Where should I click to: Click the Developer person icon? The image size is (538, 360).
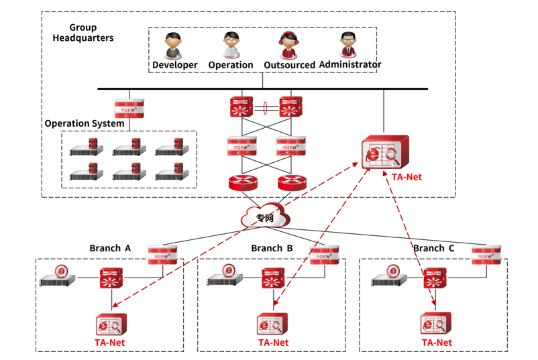pos(174,45)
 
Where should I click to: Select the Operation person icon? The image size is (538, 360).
pos(231,45)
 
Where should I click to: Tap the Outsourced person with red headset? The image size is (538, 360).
pos(289,45)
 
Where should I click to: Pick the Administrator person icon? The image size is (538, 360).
pos(349,45)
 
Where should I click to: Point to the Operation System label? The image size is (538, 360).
pos(85,123)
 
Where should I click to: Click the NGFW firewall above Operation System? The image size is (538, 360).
pos(129,107)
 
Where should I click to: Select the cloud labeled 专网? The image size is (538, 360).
pos(265,217)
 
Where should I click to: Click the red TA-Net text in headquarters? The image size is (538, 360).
pos(408,178)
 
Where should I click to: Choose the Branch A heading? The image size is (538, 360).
pos(110,248)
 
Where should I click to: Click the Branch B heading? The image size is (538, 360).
pos(272,248)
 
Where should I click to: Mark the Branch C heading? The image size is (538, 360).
pos(433,248)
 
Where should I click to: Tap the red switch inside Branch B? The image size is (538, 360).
pos(274,278)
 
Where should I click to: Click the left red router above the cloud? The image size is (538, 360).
pos(242,182)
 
